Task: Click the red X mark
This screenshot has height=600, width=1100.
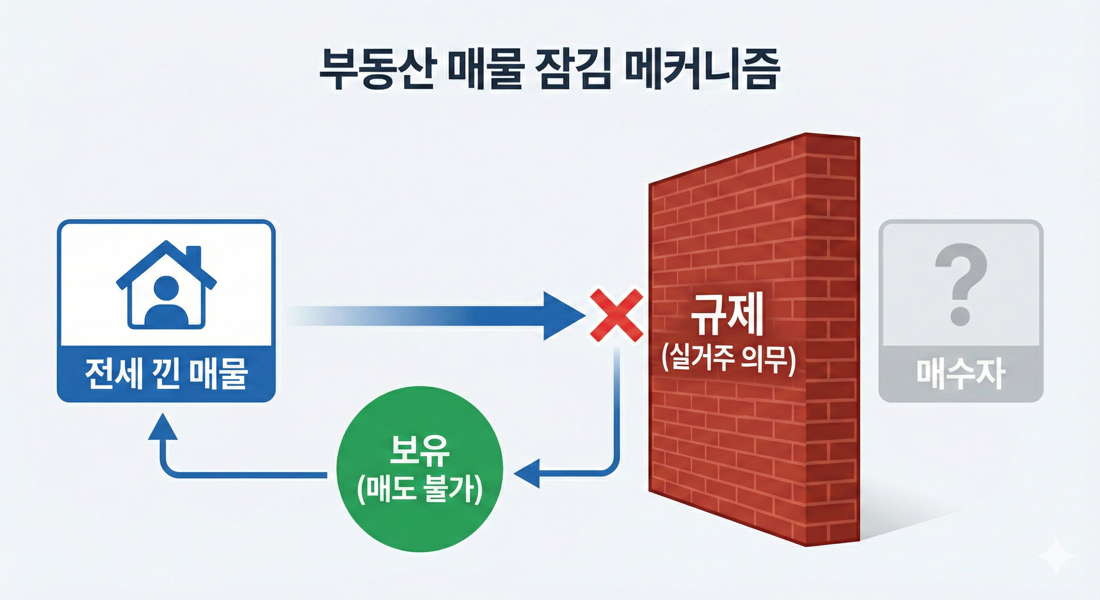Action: click(x=616, y=315)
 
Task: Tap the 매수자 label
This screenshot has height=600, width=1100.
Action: click(x=961, y=374)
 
